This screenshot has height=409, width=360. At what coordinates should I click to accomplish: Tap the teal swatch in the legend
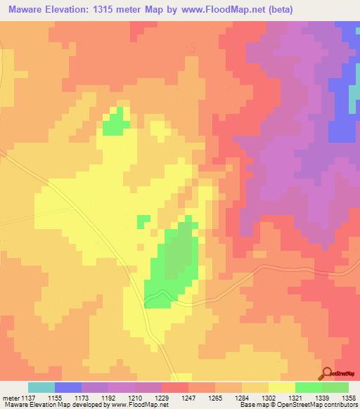click(x=41, y=387)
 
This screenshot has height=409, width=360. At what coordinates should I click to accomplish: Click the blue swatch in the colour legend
click(x=68, y=387)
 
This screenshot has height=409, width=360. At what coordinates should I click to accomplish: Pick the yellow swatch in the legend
click(x=282, y=387)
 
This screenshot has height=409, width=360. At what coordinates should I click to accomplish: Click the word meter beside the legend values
click(x=10, y=397)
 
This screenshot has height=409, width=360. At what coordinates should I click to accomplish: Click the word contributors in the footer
click(x=340, y=405)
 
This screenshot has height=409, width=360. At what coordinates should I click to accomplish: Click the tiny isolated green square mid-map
click(x=143, y=221)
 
